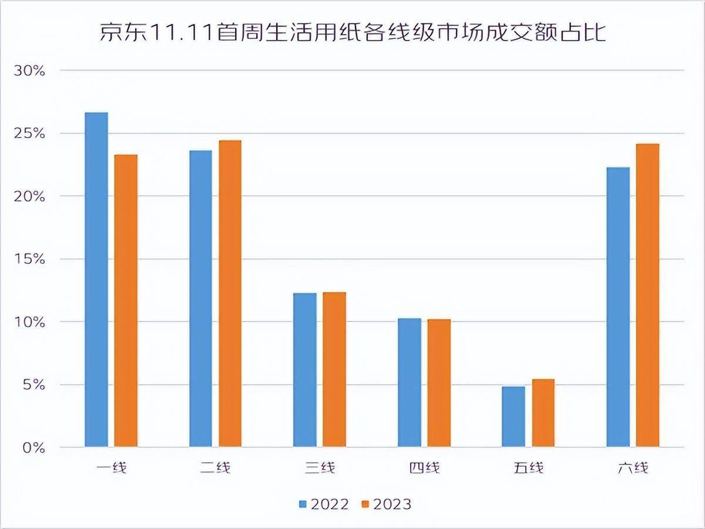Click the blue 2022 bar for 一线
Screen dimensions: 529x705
click(x=96, y=280)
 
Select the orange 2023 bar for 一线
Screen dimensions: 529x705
click(x=126, y=301)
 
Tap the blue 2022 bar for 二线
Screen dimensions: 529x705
click(x=200, y=299)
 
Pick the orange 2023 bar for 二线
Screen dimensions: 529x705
click(x=230, y=294)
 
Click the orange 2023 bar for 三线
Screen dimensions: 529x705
click(x=334, y=370)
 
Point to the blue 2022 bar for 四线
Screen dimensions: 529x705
click(x=409, y=383)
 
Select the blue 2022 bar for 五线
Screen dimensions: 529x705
click(x=513, y=417)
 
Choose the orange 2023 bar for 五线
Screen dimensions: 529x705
click(x=543, y=413)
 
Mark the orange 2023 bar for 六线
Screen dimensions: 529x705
click(x=647, y=296)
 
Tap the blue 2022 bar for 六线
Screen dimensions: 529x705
click(x=618, y=307)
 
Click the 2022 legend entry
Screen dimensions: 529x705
click(x=323, y=504)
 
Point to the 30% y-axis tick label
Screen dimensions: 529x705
click(x=29, y=71)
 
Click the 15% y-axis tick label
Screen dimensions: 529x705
click(x=29, y=259)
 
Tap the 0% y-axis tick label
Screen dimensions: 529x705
click(x=33, y=448)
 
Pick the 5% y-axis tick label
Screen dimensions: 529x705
click(x=33, y=385)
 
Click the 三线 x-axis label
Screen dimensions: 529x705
click(x=320, y=468)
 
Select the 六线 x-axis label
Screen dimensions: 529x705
click(x=633, y=468)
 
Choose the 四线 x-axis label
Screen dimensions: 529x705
click(x=424, y=468)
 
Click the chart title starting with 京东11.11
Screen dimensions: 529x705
click(x=352, y=32)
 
